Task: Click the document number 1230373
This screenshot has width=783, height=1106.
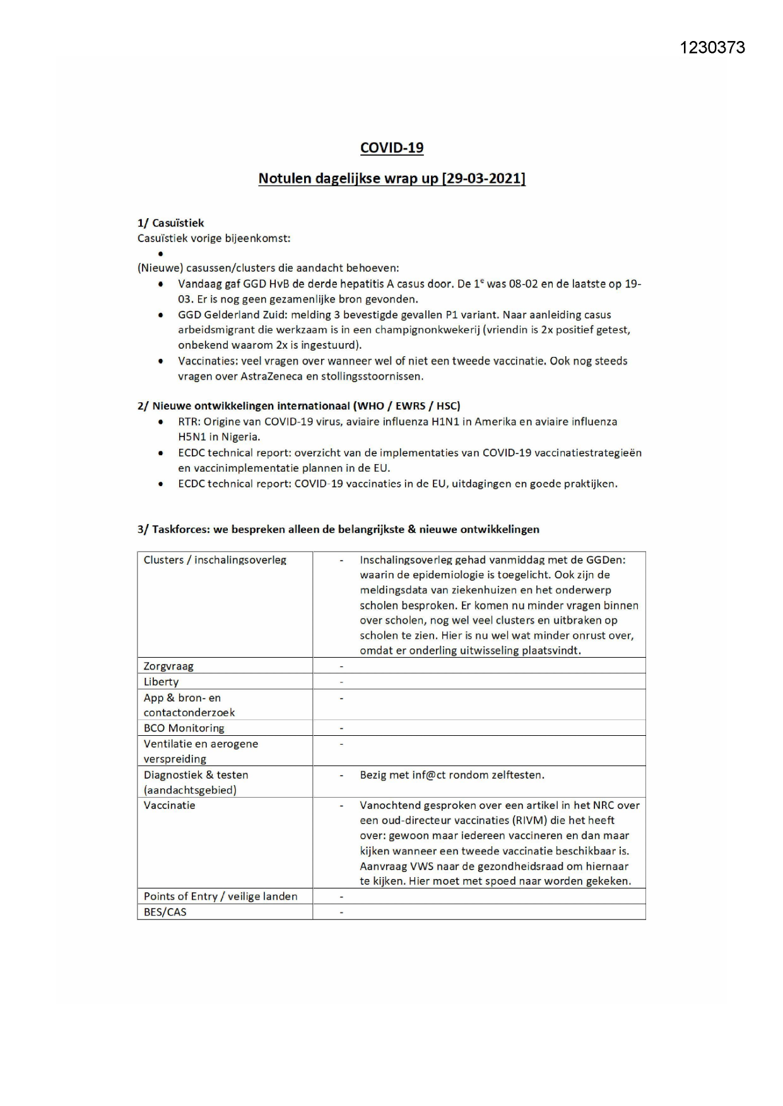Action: tap(712, 48)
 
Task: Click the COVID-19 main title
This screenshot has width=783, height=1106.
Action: tap(392, 148)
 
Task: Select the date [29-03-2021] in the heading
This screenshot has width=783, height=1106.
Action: tap(483, 178)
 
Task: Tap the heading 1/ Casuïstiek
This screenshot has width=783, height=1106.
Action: tap(170, 223)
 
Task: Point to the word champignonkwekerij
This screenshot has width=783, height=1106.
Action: tap(435, 330)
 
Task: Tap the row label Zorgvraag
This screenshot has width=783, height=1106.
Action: tap(168, 666)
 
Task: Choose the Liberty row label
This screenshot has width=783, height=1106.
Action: tap(161, 682)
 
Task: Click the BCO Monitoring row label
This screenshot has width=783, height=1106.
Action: tap(184, 728)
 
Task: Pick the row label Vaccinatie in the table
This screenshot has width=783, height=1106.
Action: tap(169, 805)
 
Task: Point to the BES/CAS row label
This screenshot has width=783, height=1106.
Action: tap(165, 912)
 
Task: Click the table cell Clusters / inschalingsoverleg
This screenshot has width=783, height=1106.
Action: tap(215, 560)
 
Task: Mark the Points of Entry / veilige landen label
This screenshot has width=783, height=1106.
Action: tap(220, 896)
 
